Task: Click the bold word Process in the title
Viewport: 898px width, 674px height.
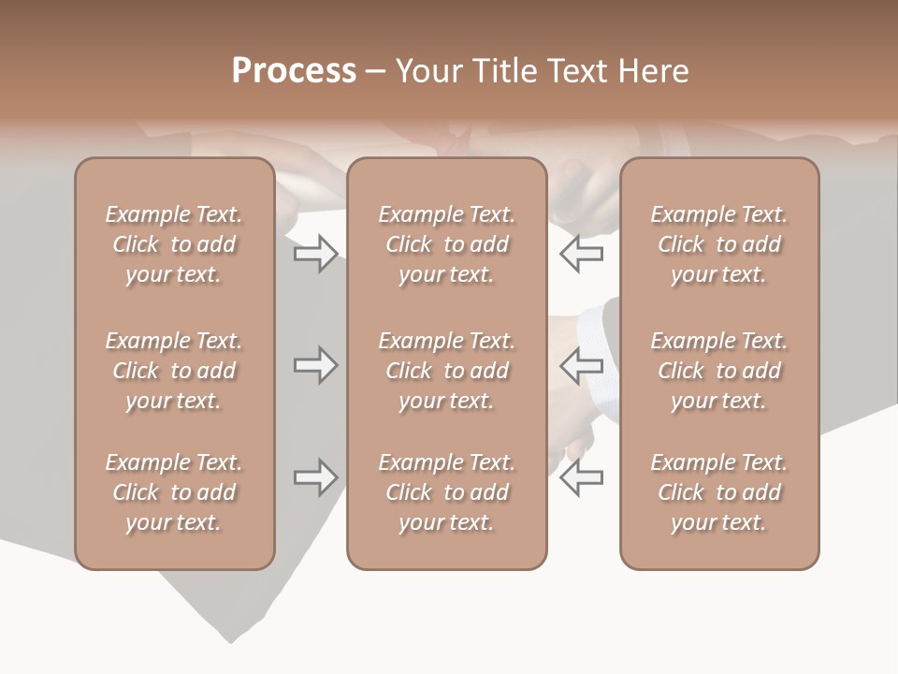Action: click(x=294, y=71)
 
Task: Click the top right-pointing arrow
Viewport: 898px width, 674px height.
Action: click(x=315, y=254)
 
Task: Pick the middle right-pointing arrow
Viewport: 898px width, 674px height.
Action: click(x=315, y=365)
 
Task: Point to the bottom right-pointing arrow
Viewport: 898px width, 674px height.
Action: click(x=315, y=477)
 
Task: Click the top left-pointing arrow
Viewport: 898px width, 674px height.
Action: click(x=581, y=254)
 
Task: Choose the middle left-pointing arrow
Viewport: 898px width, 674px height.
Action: click(x=581, y=365)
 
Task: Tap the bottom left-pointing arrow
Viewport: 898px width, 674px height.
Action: click(x=581, y=477)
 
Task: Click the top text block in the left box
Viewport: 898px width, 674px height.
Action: click(x=174, y=244)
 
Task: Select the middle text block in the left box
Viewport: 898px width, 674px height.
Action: click(x=174, y=371)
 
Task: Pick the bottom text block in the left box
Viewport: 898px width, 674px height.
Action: click(x=174, y=492)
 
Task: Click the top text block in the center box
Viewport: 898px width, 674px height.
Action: click(x=446, y=244)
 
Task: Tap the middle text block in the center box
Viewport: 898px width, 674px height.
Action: click(x=446, y=371)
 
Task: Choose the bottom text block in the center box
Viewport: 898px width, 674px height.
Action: click(x=446, y=492)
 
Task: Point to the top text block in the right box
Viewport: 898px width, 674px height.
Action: click(x=718, y=244)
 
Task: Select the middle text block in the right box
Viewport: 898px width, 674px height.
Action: click(x=718, y=371)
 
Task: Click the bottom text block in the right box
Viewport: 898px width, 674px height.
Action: click(x=718, y=492)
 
